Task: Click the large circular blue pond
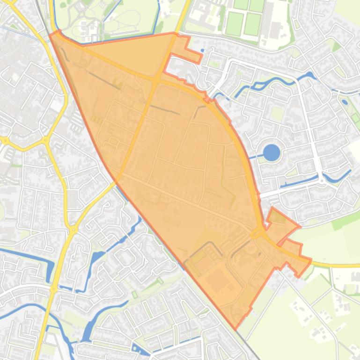(x=272, y=152)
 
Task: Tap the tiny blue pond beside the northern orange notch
(x=202, y=50)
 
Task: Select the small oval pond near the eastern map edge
(x=345, y=101)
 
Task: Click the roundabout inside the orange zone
(x=257, y=233)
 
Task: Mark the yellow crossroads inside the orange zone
(x=156, y=80)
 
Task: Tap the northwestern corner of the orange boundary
(x=51, y=34)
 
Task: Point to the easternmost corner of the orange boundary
(x=311, y=259)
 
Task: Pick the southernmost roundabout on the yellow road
(x=53, y=289)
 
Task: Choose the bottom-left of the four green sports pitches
(x=235, y=24)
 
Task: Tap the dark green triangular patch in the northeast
(x=336, y=46)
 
